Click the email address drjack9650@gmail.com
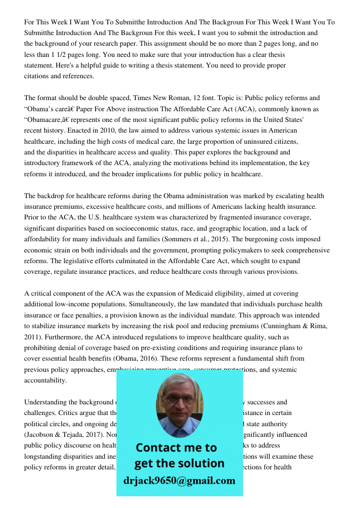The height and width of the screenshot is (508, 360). point(179,481)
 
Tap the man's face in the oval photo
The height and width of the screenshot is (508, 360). point(179,401)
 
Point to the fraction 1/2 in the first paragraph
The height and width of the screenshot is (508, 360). point(59,55)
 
